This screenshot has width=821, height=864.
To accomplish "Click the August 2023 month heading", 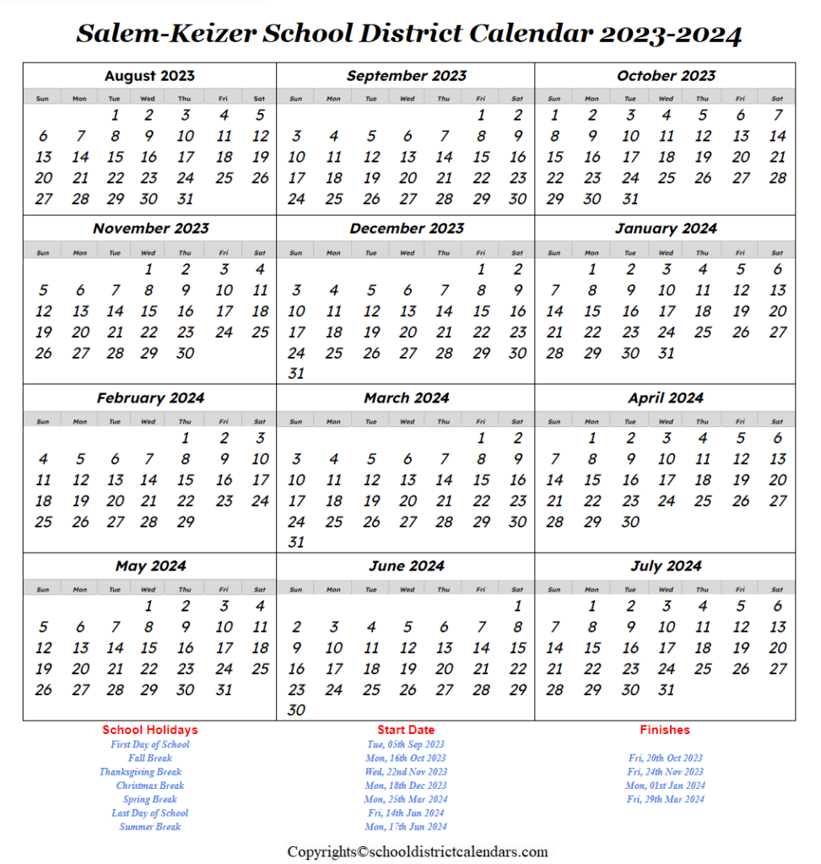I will tap(150, 76).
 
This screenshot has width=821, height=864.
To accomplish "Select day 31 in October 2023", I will tap(630, 199).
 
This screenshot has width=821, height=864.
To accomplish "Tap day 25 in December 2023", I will tap(334, 354).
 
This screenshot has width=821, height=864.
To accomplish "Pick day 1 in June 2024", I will tap(518, 606).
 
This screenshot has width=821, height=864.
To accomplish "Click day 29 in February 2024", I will tap(186, 521).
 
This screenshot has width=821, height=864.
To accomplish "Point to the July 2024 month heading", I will tap(666, 566).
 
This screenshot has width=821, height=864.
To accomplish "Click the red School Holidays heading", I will tap(150, 730).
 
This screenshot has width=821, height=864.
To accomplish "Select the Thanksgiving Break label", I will tap(140, 771).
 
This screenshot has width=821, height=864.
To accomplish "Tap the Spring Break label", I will tap(150, 799).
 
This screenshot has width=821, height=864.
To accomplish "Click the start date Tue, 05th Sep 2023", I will tap(406, 744).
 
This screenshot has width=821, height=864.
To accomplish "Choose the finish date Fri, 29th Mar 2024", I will tap(665, 799).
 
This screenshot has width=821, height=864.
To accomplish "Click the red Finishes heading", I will tap(665, 730).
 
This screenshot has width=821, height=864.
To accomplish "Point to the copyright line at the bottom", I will tap(418, 851).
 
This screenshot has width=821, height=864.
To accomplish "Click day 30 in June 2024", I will tap(296, 710).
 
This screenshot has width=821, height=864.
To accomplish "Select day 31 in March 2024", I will tap(296, 543).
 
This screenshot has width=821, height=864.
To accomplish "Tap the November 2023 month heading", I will tap(150, 229).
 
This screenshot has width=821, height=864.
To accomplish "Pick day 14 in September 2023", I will tap(445, 157).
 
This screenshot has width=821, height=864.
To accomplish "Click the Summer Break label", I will tap(150, 827).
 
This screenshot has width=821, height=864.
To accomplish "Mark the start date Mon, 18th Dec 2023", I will tap(406, 786).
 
